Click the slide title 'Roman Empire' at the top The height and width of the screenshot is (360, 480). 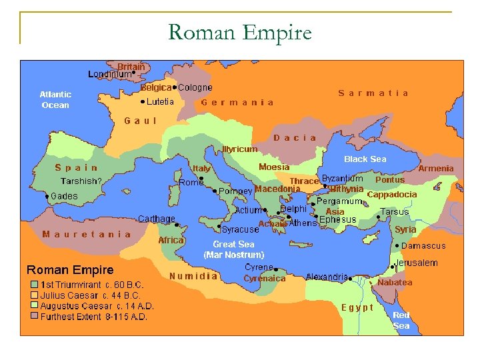(x=240, y=31)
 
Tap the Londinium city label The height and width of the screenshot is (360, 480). (x=109, y=75)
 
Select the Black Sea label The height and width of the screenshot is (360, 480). (x=365, y=159)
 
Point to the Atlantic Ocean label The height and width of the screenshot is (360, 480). (x=55, y=99)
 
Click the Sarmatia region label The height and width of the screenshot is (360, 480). (x=373, y=93)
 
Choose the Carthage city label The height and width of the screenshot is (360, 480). (x=157, y=219)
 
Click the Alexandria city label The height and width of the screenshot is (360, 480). (x=327, y=277)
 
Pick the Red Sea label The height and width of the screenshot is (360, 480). (x=401, y=320)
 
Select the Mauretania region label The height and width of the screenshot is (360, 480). (x=87, y=234)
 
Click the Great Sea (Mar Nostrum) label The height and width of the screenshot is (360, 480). (x=233, y=249)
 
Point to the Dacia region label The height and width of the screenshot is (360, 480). (x=295, y=138)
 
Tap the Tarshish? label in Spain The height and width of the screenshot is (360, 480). (x=81, y=181)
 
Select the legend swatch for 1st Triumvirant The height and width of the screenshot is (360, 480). (x=33, y=285)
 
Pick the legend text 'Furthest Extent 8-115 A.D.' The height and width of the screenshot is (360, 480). (x=93, y=317)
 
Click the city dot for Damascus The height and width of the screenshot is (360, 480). (x=397, y=245)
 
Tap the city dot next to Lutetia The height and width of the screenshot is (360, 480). (x=142, y=102)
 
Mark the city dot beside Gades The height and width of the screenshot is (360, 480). (x=47, y=197)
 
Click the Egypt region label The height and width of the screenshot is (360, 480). (x=357, y=307)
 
